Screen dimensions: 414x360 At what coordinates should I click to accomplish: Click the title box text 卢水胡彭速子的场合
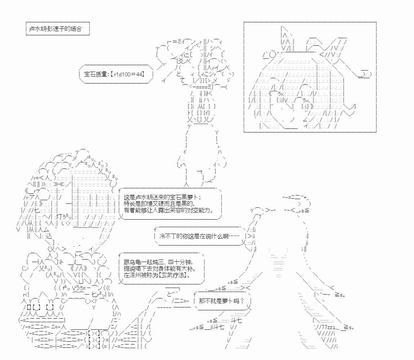click(55, 28)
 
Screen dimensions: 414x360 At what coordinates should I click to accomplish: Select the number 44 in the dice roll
click(139, 74)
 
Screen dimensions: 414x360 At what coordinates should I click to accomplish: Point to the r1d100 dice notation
click(122, 74)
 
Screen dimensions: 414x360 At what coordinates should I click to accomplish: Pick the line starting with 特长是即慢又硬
click(159, 204)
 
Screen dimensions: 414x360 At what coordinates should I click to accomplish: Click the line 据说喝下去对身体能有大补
click(160, 268)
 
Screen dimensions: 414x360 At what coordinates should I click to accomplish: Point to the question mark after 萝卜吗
click(242, 301)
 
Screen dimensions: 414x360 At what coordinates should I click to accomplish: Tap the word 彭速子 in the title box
click(55, 28)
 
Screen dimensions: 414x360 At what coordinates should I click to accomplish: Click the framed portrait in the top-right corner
click(310, 77)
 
